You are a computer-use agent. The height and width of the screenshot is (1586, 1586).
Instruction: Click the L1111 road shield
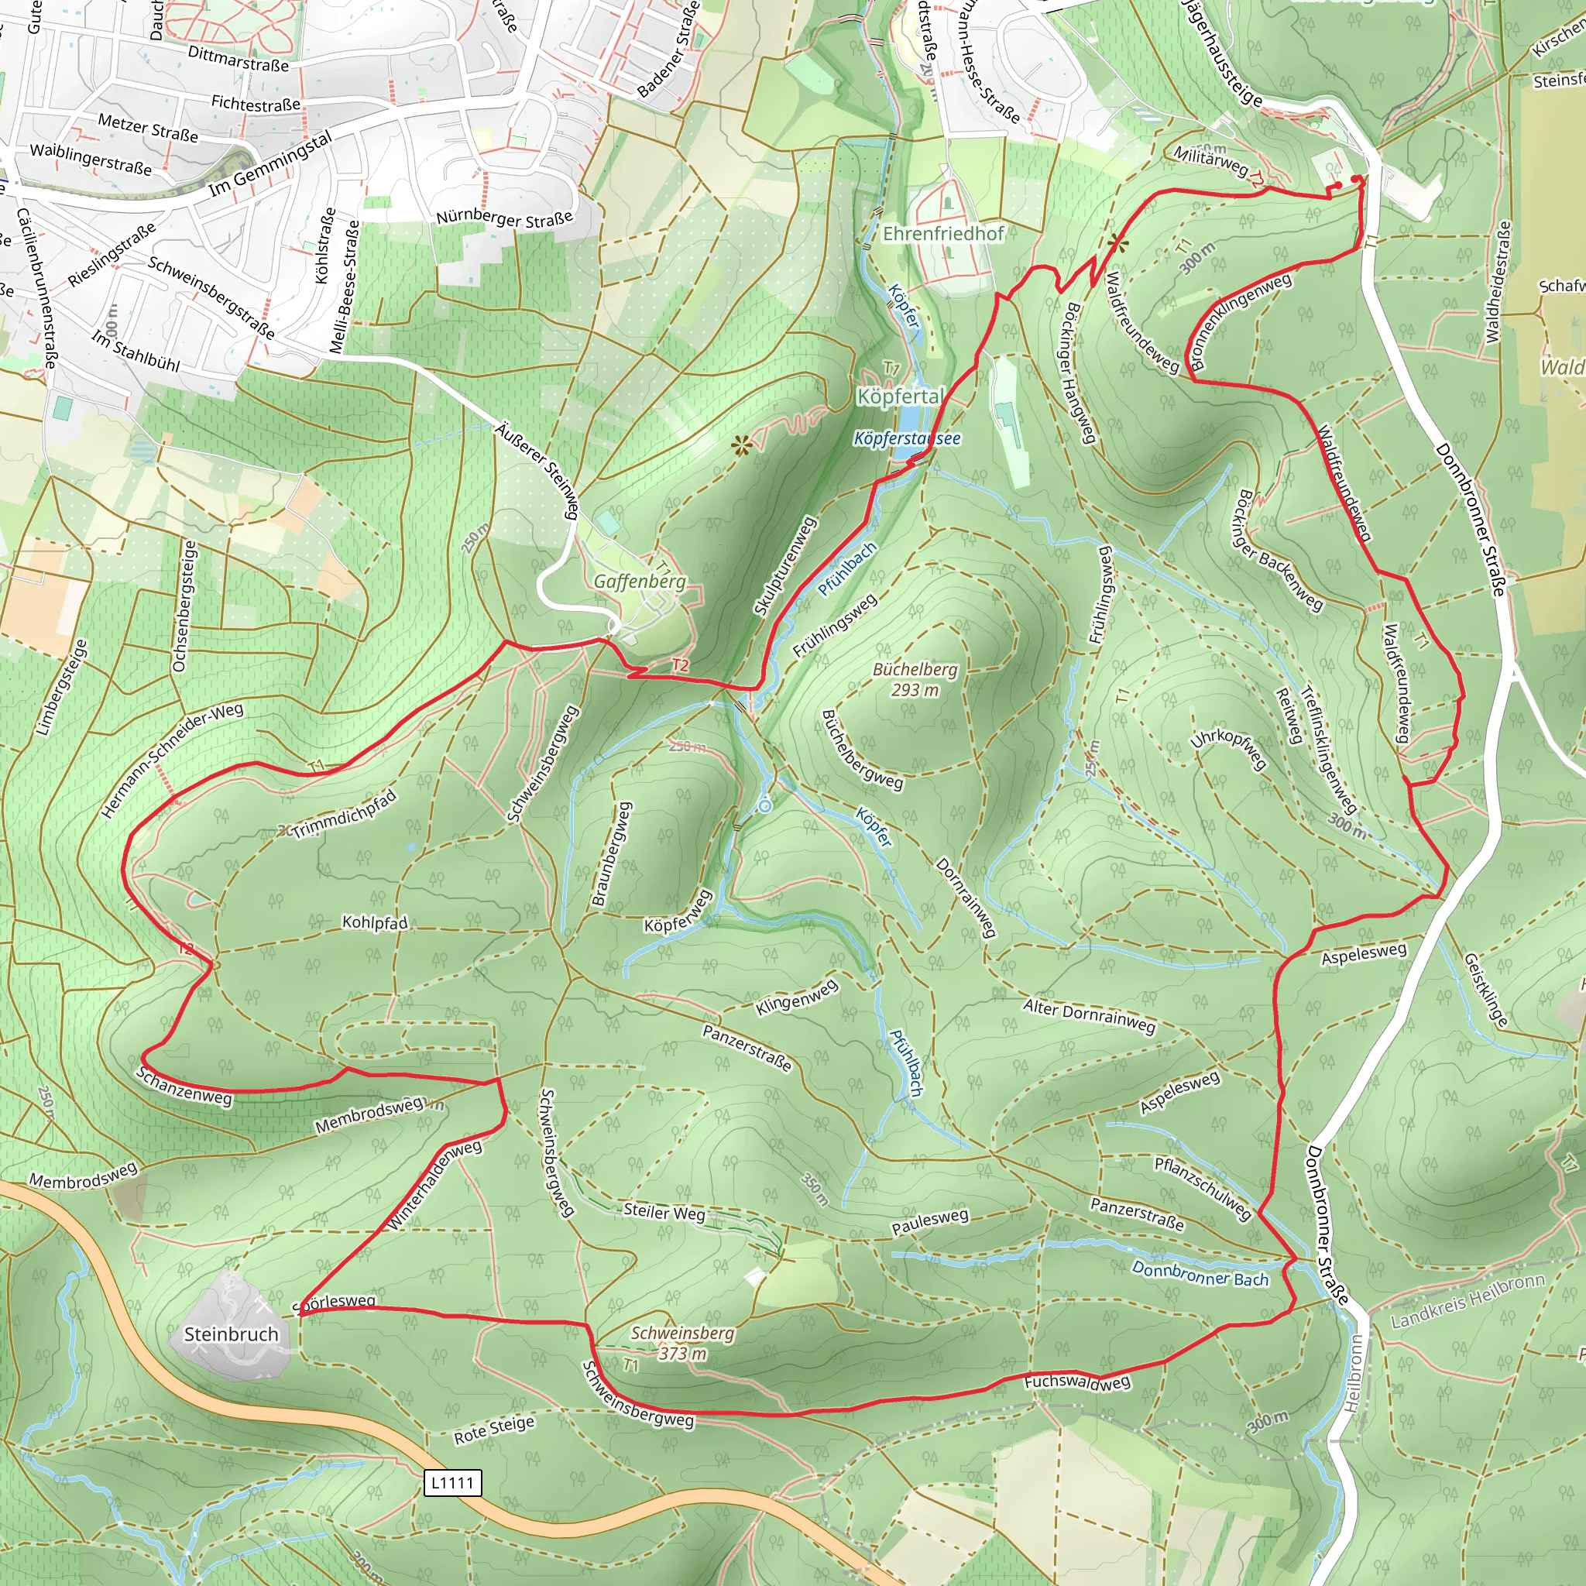pyautogui.click(x=452, y=1482)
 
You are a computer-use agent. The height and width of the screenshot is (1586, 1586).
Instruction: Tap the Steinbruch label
pyautogui.click(x=231, y=1334)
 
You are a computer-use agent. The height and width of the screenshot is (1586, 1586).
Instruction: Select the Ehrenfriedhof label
pyautogui.click(x=942, y=234)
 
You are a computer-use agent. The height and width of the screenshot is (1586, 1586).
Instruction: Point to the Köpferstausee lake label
pyautogui.click(x=907, y=438)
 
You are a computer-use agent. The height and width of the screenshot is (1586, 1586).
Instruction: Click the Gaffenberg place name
pyautogui.click(x=640, y=582)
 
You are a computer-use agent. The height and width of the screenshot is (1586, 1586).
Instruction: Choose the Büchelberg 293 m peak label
pyautogui.click(x=915, y=680)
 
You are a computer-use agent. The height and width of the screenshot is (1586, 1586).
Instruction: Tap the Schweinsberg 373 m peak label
pyautogui.click(x=682, y=1343)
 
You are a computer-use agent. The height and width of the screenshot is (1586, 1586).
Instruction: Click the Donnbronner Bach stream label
pyautogui.click(x=1200, y=1274)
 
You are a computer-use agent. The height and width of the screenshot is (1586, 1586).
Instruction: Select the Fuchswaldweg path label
pyautogui.click(x=1077, y=1382)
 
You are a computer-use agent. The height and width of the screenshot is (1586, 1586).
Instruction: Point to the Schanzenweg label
pyautogui.click(x=185, y=1086)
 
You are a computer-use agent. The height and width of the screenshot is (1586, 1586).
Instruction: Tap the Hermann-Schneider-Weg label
pyautogui.click(x=172, y=760)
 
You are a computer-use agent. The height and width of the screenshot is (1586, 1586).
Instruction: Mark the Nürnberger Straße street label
pyautogui.click(x=504, y=218)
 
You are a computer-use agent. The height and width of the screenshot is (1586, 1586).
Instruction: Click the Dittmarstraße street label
pyautogui.click(x=238, y=58)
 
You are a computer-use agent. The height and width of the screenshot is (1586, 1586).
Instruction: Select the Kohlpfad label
pyautogui.click(x=374, y=922)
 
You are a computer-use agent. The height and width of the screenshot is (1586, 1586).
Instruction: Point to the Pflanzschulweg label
pyautogui.click(x=1203, y=1188)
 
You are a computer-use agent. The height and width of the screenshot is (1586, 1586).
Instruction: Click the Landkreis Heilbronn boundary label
pyautogui.click(x=1468, y=1300)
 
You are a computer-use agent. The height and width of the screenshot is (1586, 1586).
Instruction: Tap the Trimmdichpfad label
pyautogui.click(x=345, y=815)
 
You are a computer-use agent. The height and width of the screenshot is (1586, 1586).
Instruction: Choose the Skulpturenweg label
pyautogui.click(x=784, y=566)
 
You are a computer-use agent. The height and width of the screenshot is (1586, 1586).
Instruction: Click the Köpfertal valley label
pyautogui.click(x=901, y=396)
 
